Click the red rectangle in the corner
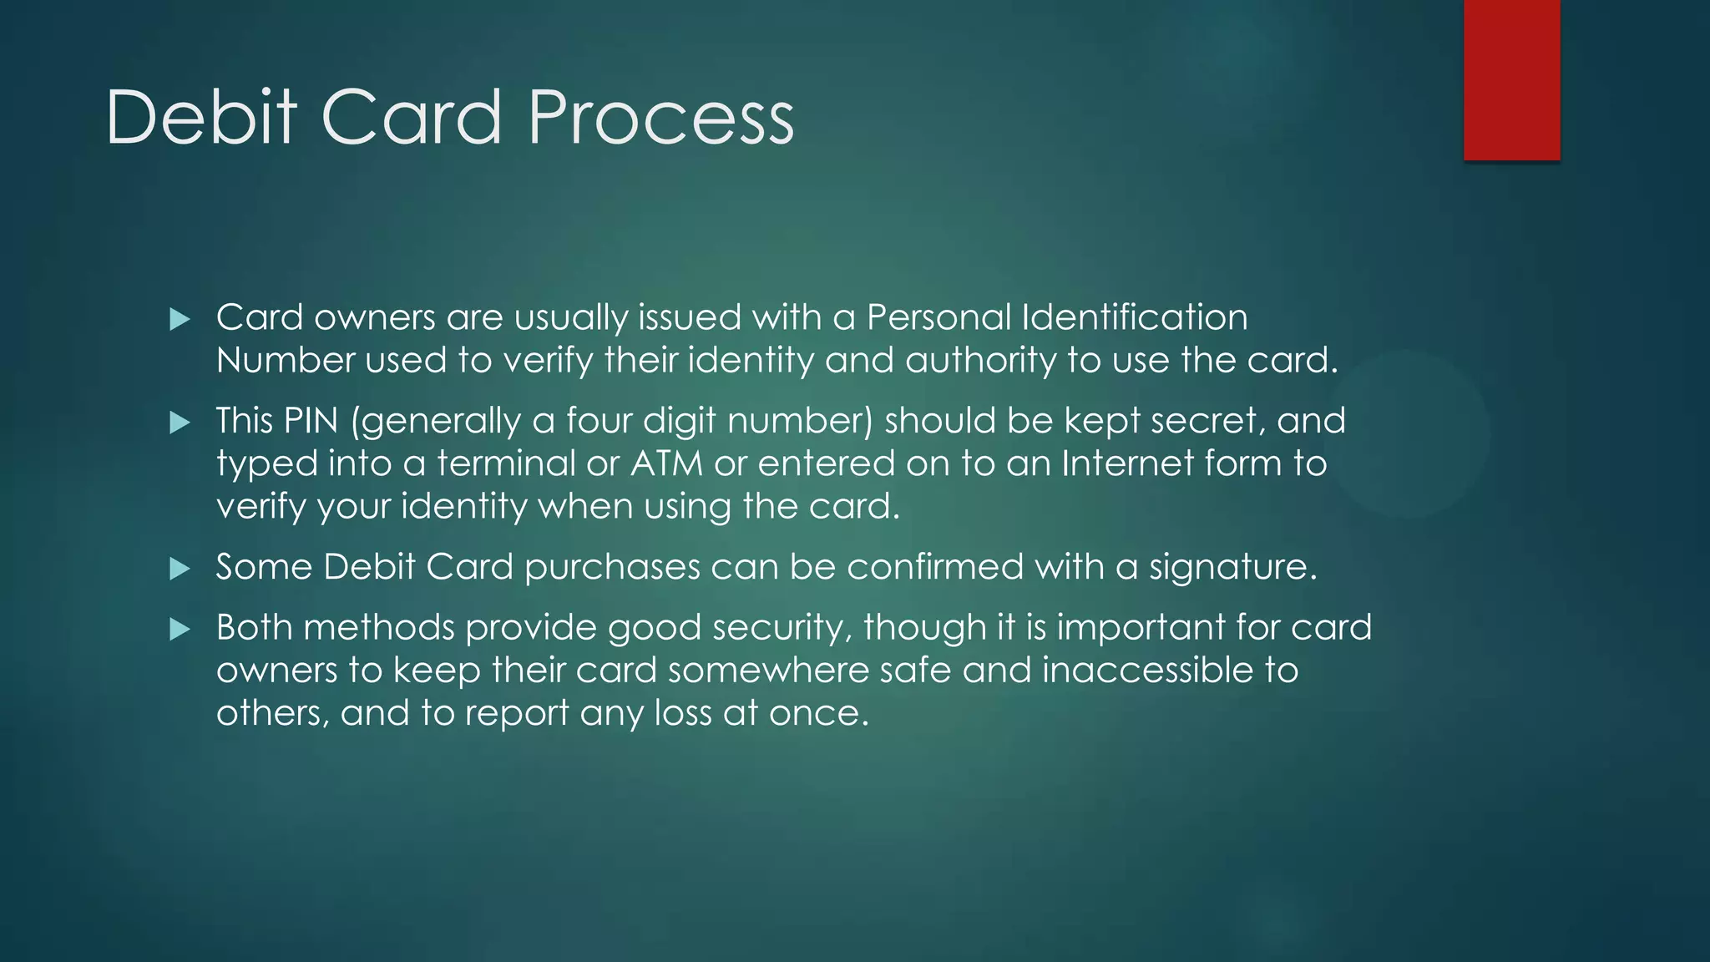(x=1511, y=80)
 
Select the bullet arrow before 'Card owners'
(x=180, y=319)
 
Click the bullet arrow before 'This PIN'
(x=180, y=423)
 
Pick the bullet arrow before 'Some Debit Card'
(x=180, y=569)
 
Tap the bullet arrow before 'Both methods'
(x=180, y=629)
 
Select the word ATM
(x=666, y=463)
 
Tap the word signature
(x=1232, y=568)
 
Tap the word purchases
(x=612, y=568)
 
